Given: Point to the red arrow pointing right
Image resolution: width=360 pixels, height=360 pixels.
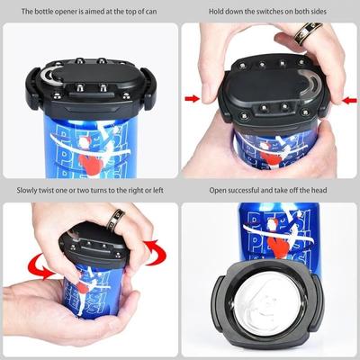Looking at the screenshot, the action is tap(193, 98).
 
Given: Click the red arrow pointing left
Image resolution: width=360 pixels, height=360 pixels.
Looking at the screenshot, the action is tap(349, 100).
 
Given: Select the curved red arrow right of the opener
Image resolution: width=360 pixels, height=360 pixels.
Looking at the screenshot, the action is tap(157, 253).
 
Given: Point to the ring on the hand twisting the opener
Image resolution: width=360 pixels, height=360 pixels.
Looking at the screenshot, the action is tap(115, 220).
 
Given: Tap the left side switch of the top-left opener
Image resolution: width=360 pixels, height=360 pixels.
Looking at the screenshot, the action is tap(32, 87).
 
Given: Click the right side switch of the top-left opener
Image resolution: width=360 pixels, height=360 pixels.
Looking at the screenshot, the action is tap(148, 88).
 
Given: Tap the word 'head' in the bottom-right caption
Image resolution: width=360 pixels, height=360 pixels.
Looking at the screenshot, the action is tap(319, 190).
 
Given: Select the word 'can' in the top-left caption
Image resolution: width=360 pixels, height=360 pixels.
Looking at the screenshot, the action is tap(151, 12).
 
